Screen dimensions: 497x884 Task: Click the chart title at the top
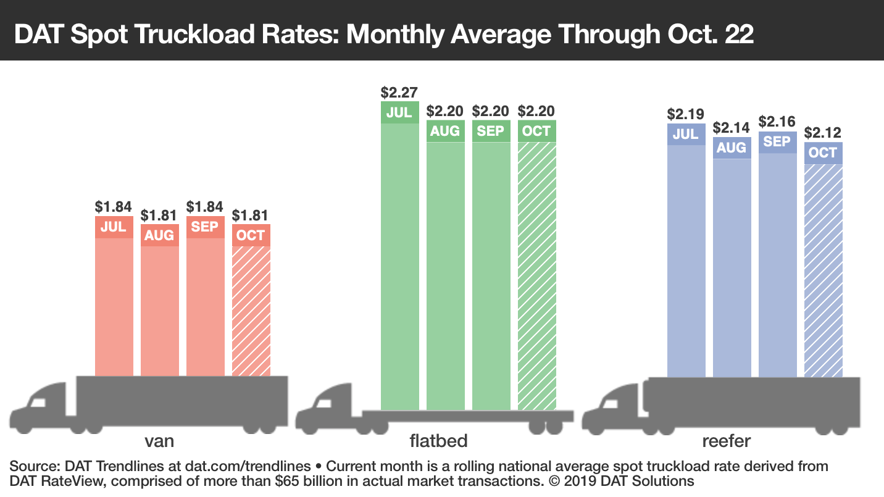[383, 34]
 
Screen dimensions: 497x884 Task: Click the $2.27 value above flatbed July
[399, 93]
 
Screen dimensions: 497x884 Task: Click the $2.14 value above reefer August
[732, 128]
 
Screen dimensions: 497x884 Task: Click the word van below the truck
[159, 441]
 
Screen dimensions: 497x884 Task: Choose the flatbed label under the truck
[438, 441]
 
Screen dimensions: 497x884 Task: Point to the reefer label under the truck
[727, 441]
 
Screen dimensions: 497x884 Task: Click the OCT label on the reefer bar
[824, 152]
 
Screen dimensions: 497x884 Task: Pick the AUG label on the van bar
[159, 235]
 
